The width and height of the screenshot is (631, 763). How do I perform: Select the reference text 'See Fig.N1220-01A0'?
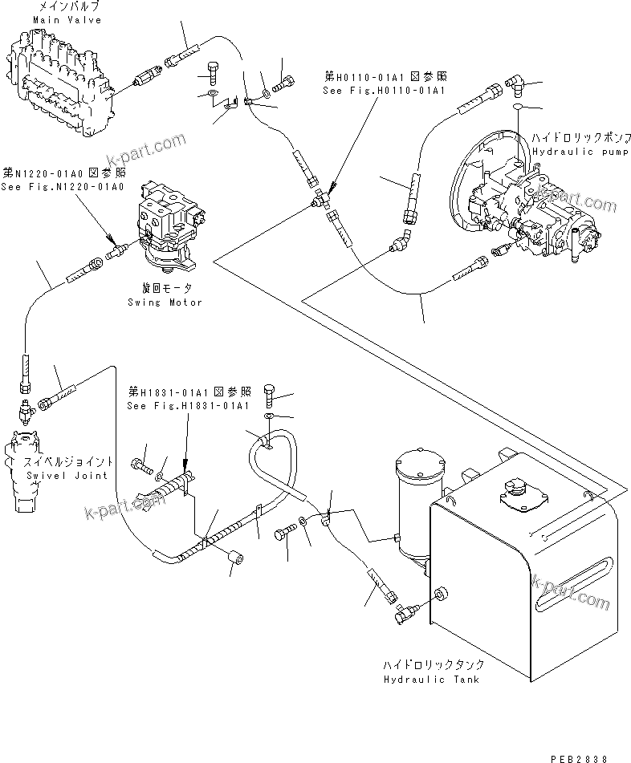point(63,186)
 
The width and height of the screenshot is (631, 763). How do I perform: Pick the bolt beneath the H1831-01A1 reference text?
point(270,395)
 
